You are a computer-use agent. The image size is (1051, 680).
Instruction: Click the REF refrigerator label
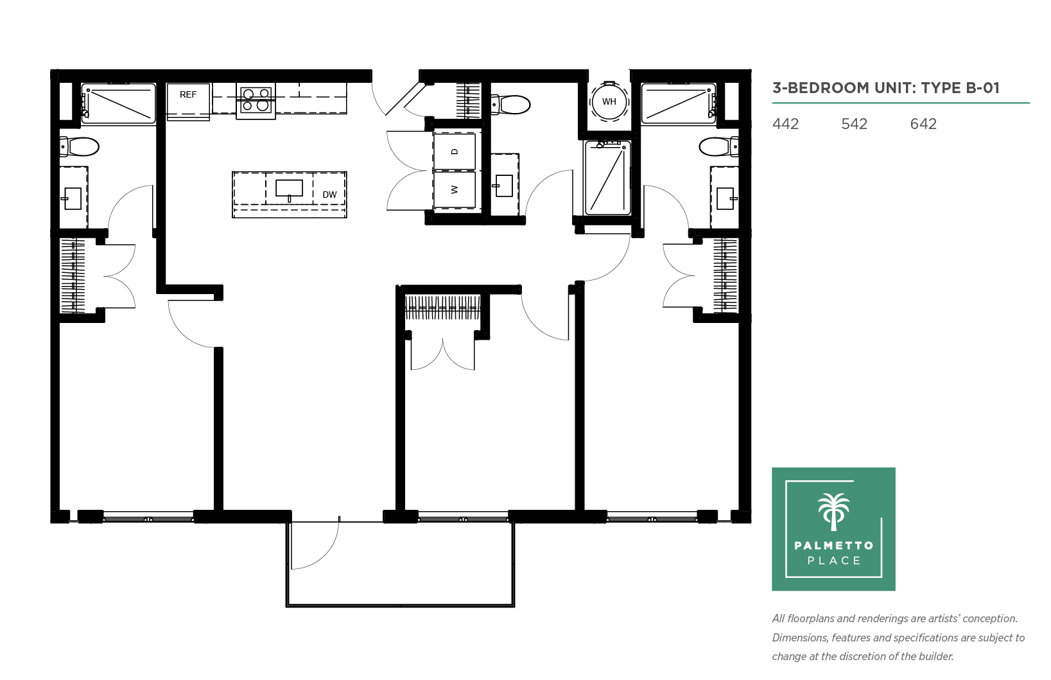(188, 95)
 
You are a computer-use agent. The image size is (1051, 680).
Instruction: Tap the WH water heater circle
(609, 101)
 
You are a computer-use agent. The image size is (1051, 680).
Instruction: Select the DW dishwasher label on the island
(329, 195)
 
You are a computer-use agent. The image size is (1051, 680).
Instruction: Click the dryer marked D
(454, 151)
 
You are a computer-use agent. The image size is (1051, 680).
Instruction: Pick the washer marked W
(454, 189)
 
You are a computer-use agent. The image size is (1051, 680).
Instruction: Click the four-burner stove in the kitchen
(256, 100)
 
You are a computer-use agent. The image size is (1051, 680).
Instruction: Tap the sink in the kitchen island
(289, 189)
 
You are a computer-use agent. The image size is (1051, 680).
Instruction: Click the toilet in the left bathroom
(80, 147)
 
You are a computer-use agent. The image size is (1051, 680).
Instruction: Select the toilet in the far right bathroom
(718, 147)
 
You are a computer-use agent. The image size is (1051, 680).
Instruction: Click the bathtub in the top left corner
(118, 104)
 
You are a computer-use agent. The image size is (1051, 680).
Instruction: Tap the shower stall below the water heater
(607, 177)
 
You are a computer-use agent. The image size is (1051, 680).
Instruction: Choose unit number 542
(854, 124)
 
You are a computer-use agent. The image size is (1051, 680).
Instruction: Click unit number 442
(785, 124)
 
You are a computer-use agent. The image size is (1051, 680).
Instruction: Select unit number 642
(923, 124)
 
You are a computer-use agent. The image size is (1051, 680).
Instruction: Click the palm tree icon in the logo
(833, 512)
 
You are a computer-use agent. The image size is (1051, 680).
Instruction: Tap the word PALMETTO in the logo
(834, 545)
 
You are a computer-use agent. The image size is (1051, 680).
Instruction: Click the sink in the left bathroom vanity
(72, 198)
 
